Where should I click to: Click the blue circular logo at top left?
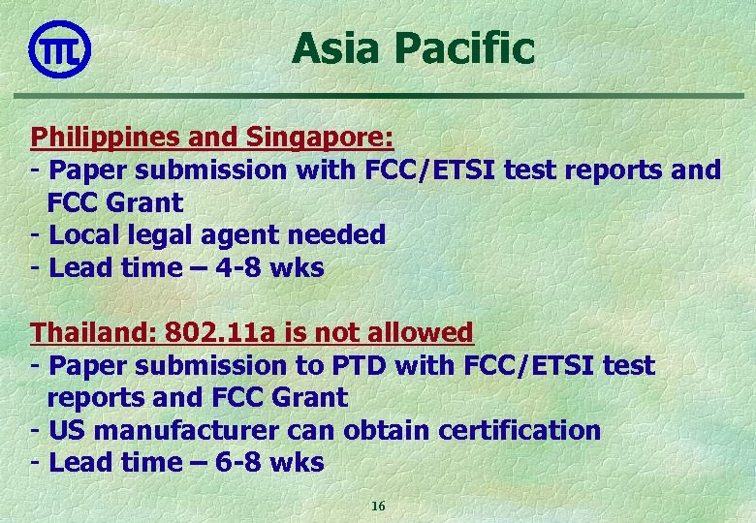tap(60, 47)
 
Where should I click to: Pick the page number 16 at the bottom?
tap(378, 507)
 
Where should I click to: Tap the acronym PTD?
tap(392, 366)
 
